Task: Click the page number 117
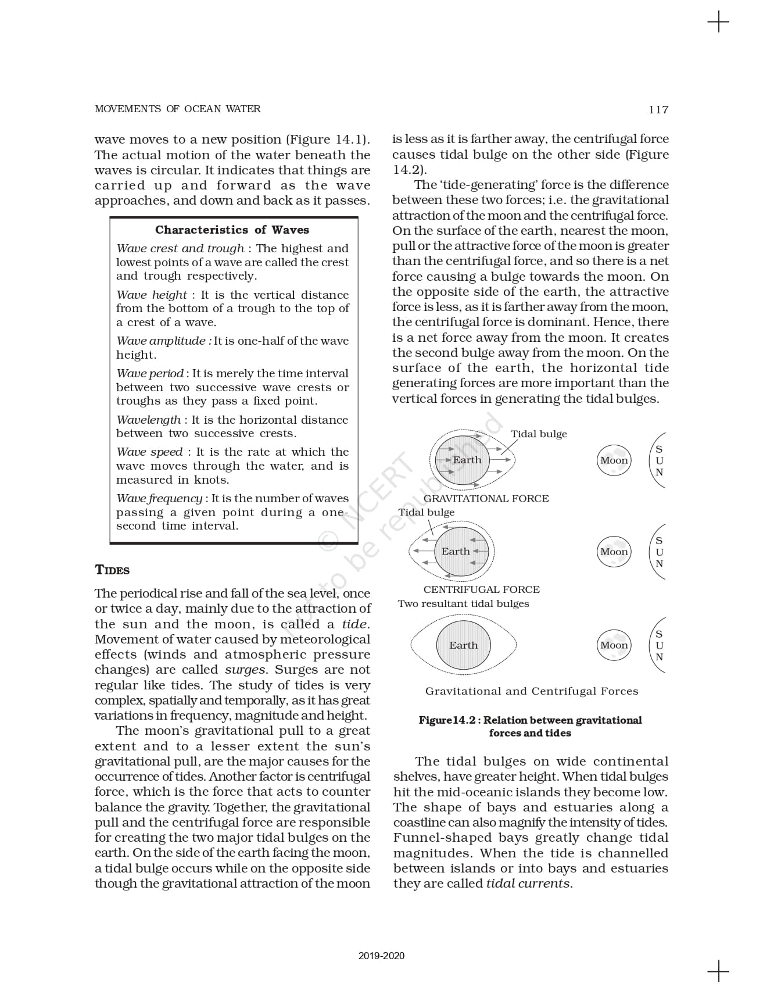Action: coord(658,109)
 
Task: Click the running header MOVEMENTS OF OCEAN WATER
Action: coord(177,109)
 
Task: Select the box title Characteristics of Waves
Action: coord(232,230)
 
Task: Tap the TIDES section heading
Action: coord(112,570)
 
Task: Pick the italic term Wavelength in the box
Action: coord(149,420)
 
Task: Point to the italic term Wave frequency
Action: coord(159,498)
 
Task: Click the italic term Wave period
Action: coord(150,373)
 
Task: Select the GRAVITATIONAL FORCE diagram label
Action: coord(486,498)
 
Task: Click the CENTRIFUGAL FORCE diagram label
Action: coord(481,589)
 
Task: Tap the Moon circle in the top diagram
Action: coord(614,460)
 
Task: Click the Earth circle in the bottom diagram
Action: coord(463,645)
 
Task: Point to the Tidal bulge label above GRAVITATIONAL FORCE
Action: coord(539,434)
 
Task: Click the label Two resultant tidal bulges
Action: coord(463,604)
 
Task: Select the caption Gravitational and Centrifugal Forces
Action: coord(532,691)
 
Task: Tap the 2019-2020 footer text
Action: coord(381,956)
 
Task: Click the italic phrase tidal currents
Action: coord(528,884)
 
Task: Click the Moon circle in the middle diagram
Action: coord(614,552)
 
